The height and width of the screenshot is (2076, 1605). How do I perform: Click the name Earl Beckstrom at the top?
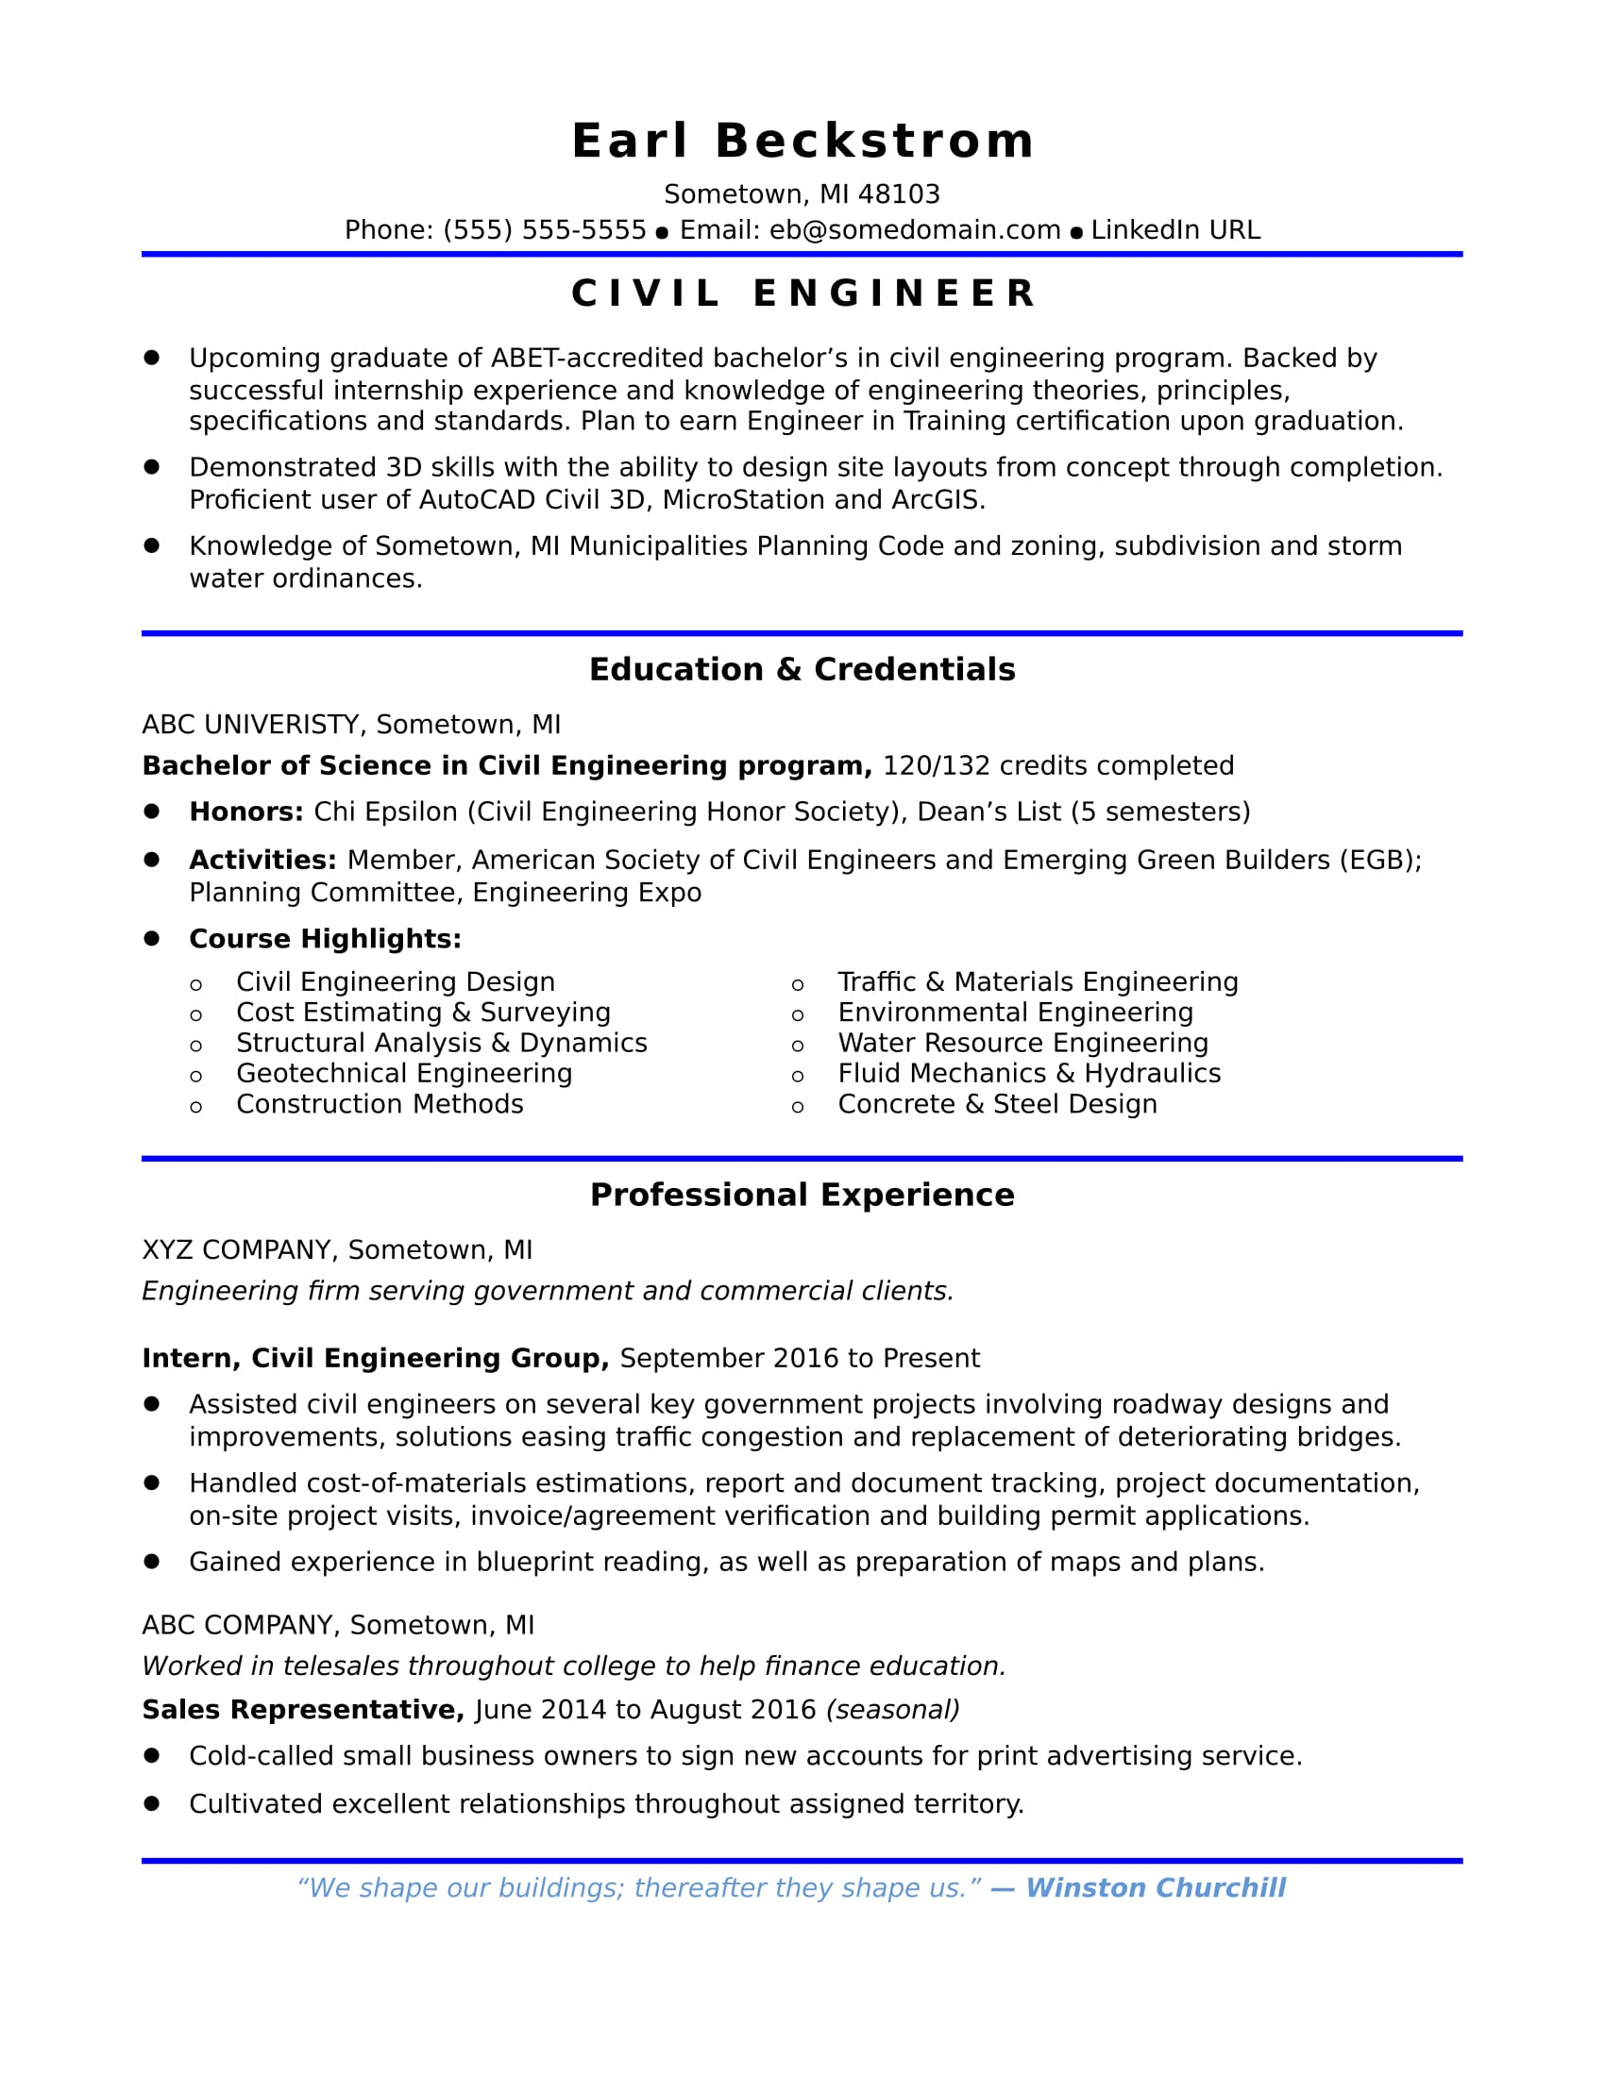pos(802,142)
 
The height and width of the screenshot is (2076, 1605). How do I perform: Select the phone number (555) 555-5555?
pos(544,230)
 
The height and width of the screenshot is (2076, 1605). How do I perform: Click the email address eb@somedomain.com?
pos(915,230)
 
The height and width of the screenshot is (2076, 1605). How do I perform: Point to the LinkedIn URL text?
pos(1175,230)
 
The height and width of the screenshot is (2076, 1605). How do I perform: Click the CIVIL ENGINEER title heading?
pos(802,293)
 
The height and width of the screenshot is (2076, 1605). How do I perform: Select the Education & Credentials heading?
pos(802,669)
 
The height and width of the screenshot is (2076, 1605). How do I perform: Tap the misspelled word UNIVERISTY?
pos(281,725)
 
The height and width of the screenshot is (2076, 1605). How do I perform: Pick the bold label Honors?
pos(246,812)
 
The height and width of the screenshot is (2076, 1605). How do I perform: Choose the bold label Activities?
pos(262,860)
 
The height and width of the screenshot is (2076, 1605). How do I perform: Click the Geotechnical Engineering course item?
pos(404,1073)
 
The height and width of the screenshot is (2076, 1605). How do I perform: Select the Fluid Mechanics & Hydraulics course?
pos(1029,1073)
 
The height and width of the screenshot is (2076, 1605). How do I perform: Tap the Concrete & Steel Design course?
pos(997,1104)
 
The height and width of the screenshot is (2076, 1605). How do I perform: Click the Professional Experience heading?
pos(802,1195)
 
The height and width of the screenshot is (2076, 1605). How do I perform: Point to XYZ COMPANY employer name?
pos(235,1249)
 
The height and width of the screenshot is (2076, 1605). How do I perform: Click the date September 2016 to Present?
pos(800,1357)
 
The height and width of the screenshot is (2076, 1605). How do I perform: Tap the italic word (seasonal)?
pos(893,1709)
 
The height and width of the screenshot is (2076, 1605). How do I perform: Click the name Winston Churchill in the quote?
pos(1156,1887)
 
